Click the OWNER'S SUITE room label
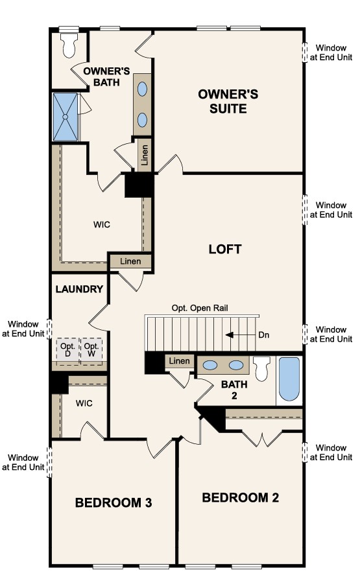click(x=228, y=101)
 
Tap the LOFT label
click(x=225, y=250)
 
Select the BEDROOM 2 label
click(x=241, y=497)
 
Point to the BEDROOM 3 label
click(x=114, y=502)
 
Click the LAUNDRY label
click(x=79, y=289)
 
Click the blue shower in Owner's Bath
click(x=66, y=117)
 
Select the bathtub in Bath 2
click(x=289, y=379)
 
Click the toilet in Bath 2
click(x=261, y=368)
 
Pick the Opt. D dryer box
click(x=67, y=350)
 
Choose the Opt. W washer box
click(x=91, y=350)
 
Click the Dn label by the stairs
click(x=264, y=335)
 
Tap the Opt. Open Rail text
click(x=200, y=308)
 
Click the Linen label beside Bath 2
click(x=180, y=360)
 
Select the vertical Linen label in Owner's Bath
click(x=145, y=155)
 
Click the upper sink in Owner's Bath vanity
click(x=143, y=89)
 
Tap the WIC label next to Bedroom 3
click(x=84, y=403)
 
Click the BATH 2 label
click(x=234, y=390)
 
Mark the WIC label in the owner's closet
click(x=102, y=224)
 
